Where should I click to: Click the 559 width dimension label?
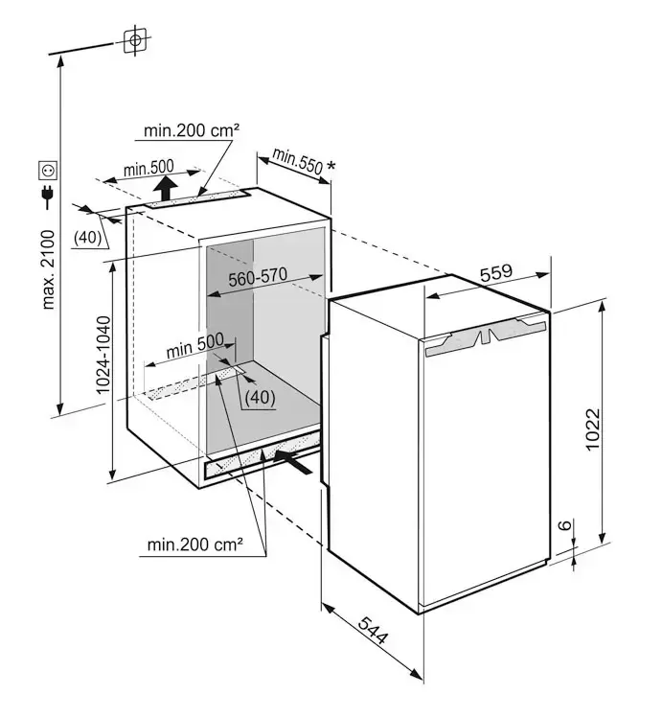(496, 272)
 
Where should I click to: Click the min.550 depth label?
(298, 161)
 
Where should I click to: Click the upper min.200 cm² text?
(192, 129)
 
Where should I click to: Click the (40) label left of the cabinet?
(88, 238)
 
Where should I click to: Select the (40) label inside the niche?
(259, 396)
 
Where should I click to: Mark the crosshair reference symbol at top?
(135, 39)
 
